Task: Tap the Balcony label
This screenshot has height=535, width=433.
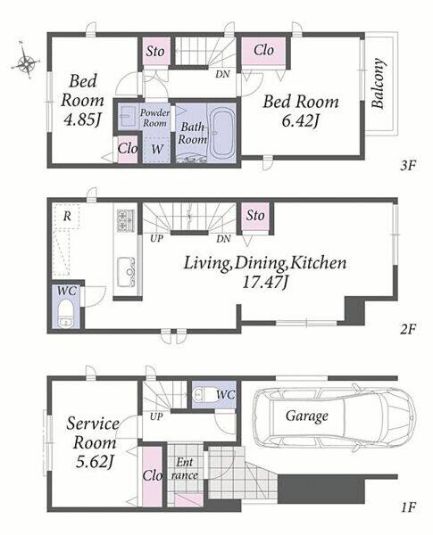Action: [x=378, y=84]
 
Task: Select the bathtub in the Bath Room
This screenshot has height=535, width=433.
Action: [x=221, y=134]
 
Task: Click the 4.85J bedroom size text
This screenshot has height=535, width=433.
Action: [x=82, y=120]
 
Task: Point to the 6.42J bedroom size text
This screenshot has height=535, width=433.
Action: [x=300, y=120]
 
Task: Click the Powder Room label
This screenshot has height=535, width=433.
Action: [x=154, y=118]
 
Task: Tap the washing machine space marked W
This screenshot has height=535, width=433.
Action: [x=156, y=149]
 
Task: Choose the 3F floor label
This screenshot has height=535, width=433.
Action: [x=408, y=166]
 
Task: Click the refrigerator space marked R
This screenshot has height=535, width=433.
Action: [x=67, y=216]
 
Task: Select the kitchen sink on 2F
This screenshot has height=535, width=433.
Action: [x=127, y=272]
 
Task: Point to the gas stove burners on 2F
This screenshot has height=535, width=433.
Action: [x=126, y=220]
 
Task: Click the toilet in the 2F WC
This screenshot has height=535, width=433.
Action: [x=65, y=313]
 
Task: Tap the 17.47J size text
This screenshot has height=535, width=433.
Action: [x=265, y=282]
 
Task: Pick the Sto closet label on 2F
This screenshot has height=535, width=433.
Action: [x=255, y=215]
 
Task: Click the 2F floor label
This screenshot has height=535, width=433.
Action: [x=408, y=329]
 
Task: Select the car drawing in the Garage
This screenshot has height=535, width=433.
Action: [x=334, y=417]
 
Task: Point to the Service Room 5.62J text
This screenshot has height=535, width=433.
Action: [x=93, y=442]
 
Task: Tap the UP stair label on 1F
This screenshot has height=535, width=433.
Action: [x=156, y=416]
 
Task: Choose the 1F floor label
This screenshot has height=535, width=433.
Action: [x=408, y=507]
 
